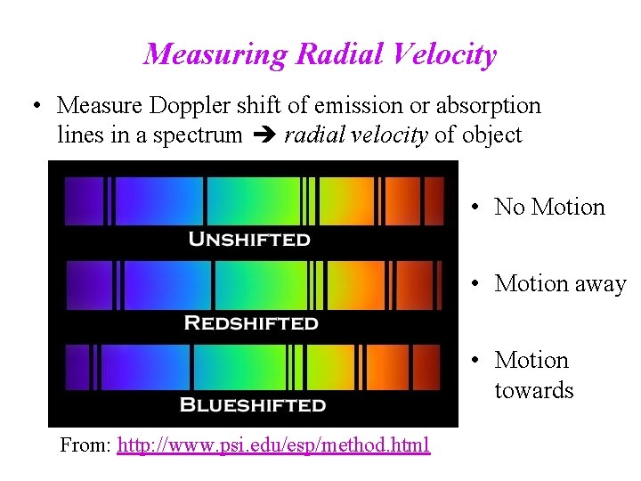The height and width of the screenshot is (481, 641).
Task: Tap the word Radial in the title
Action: click(x=337, y=54)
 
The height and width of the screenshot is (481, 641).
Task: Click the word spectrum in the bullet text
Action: click(x=199, y=135)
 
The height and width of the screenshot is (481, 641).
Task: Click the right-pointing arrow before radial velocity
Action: click(x=263, y=135)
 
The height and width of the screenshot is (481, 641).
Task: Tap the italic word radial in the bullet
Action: click(x=309, y=135)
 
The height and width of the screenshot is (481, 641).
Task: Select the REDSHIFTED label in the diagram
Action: click(x=250, y=322)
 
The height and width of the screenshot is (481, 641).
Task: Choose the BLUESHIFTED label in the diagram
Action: click(x=252, y=405)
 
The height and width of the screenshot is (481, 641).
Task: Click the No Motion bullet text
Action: click(x=549, y=207)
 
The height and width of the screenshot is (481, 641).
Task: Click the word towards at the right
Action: click(x=534, y=391)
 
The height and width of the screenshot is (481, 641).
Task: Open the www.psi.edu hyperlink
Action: click(x=273, y=444)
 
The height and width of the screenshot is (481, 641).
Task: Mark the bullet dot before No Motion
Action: click(x=478, y=208)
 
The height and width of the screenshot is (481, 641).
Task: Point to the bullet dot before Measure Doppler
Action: click(x=36, y=107)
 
